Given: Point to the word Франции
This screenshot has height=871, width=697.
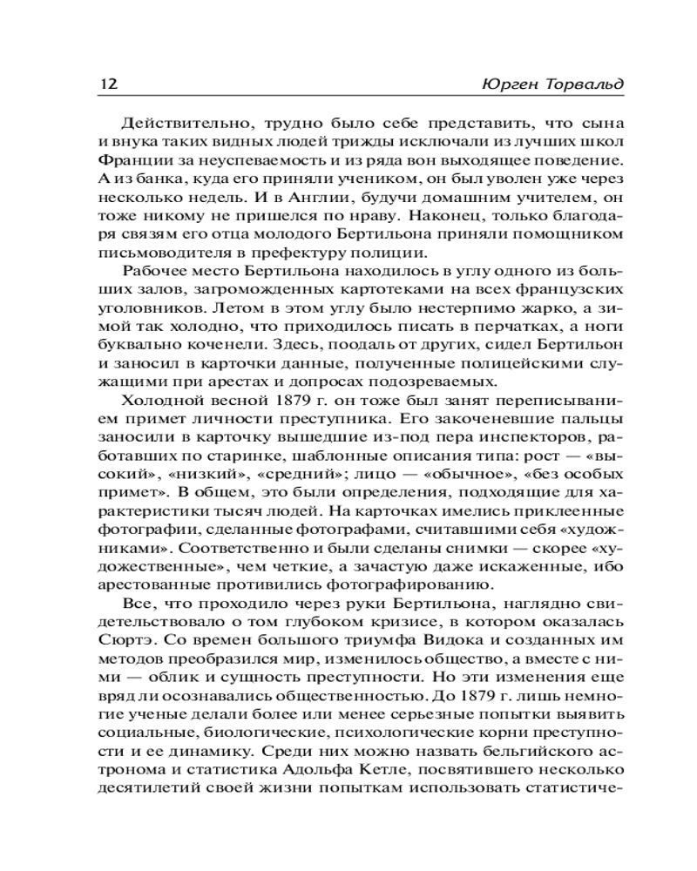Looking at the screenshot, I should [119, 162].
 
